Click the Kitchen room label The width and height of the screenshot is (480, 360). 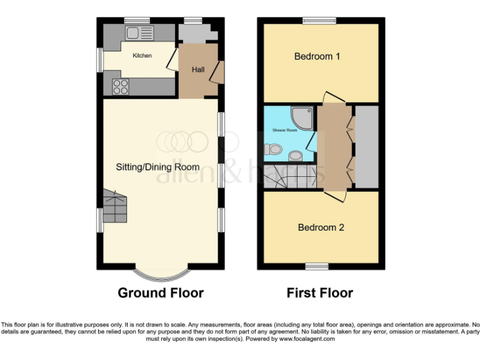click(142, 56)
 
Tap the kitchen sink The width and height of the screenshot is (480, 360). click(138, 32)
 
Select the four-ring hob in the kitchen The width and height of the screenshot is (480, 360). click(121, 87)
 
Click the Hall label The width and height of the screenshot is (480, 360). click(198, 69)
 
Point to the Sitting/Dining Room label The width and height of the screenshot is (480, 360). click(157, 167)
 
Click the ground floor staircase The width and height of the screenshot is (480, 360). click(114, 206)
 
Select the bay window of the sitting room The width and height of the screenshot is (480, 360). click(161, 273)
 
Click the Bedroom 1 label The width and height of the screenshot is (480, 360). click(317, 56)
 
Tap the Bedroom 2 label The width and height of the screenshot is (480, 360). click(321, 227)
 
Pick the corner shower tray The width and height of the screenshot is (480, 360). click(304, 117)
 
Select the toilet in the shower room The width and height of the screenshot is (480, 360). click(272, 150)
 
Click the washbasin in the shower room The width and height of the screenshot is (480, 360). click(297, 155)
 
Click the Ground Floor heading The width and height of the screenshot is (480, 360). click(161, 292)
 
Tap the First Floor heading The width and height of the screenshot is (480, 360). click(319, 292)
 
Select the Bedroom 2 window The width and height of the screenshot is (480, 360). click(317, 266)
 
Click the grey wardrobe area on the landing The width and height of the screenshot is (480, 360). click(366, 147)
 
